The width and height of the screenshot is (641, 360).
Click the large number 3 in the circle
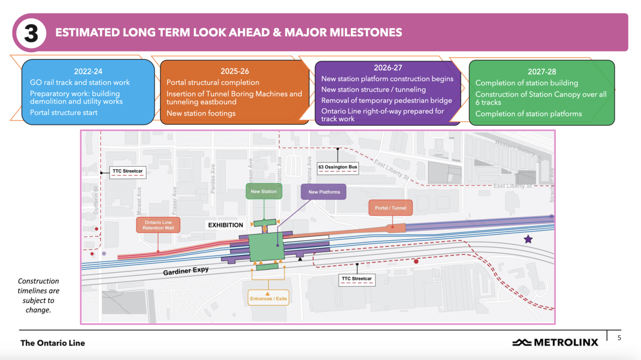31,33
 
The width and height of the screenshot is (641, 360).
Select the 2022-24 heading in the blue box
88,72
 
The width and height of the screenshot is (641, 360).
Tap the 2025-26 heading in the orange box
234,71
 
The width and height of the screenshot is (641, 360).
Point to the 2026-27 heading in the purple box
388,68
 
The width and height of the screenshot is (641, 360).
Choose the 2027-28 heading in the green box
542,72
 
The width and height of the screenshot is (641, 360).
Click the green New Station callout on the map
263,192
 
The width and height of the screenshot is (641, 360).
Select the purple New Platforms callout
324,192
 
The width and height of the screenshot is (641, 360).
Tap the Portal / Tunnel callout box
391,208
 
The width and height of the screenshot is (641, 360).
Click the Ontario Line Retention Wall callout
158,225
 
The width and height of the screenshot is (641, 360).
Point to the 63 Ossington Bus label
338,167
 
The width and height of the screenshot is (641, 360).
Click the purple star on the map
528,239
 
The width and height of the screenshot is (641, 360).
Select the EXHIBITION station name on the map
226,225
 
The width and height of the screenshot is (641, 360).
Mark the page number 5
619,338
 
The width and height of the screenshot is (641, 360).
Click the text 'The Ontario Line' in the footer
53,343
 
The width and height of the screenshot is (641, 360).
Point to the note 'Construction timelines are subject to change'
39,295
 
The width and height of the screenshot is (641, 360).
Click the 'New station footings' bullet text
201,113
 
